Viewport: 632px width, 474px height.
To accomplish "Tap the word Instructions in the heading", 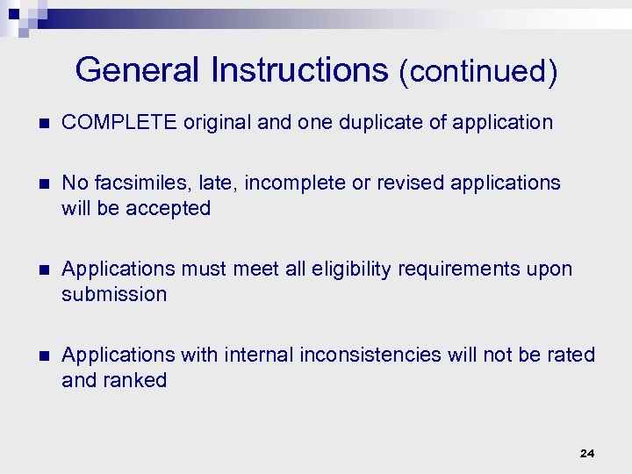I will tap(299, 70).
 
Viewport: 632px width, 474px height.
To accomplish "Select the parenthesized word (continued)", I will tap(478, 72).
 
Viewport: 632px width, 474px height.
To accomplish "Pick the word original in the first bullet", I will tap(219, 122).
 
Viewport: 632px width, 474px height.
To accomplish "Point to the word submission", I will tap(114, 294).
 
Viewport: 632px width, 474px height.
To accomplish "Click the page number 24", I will tap(587, 453).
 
